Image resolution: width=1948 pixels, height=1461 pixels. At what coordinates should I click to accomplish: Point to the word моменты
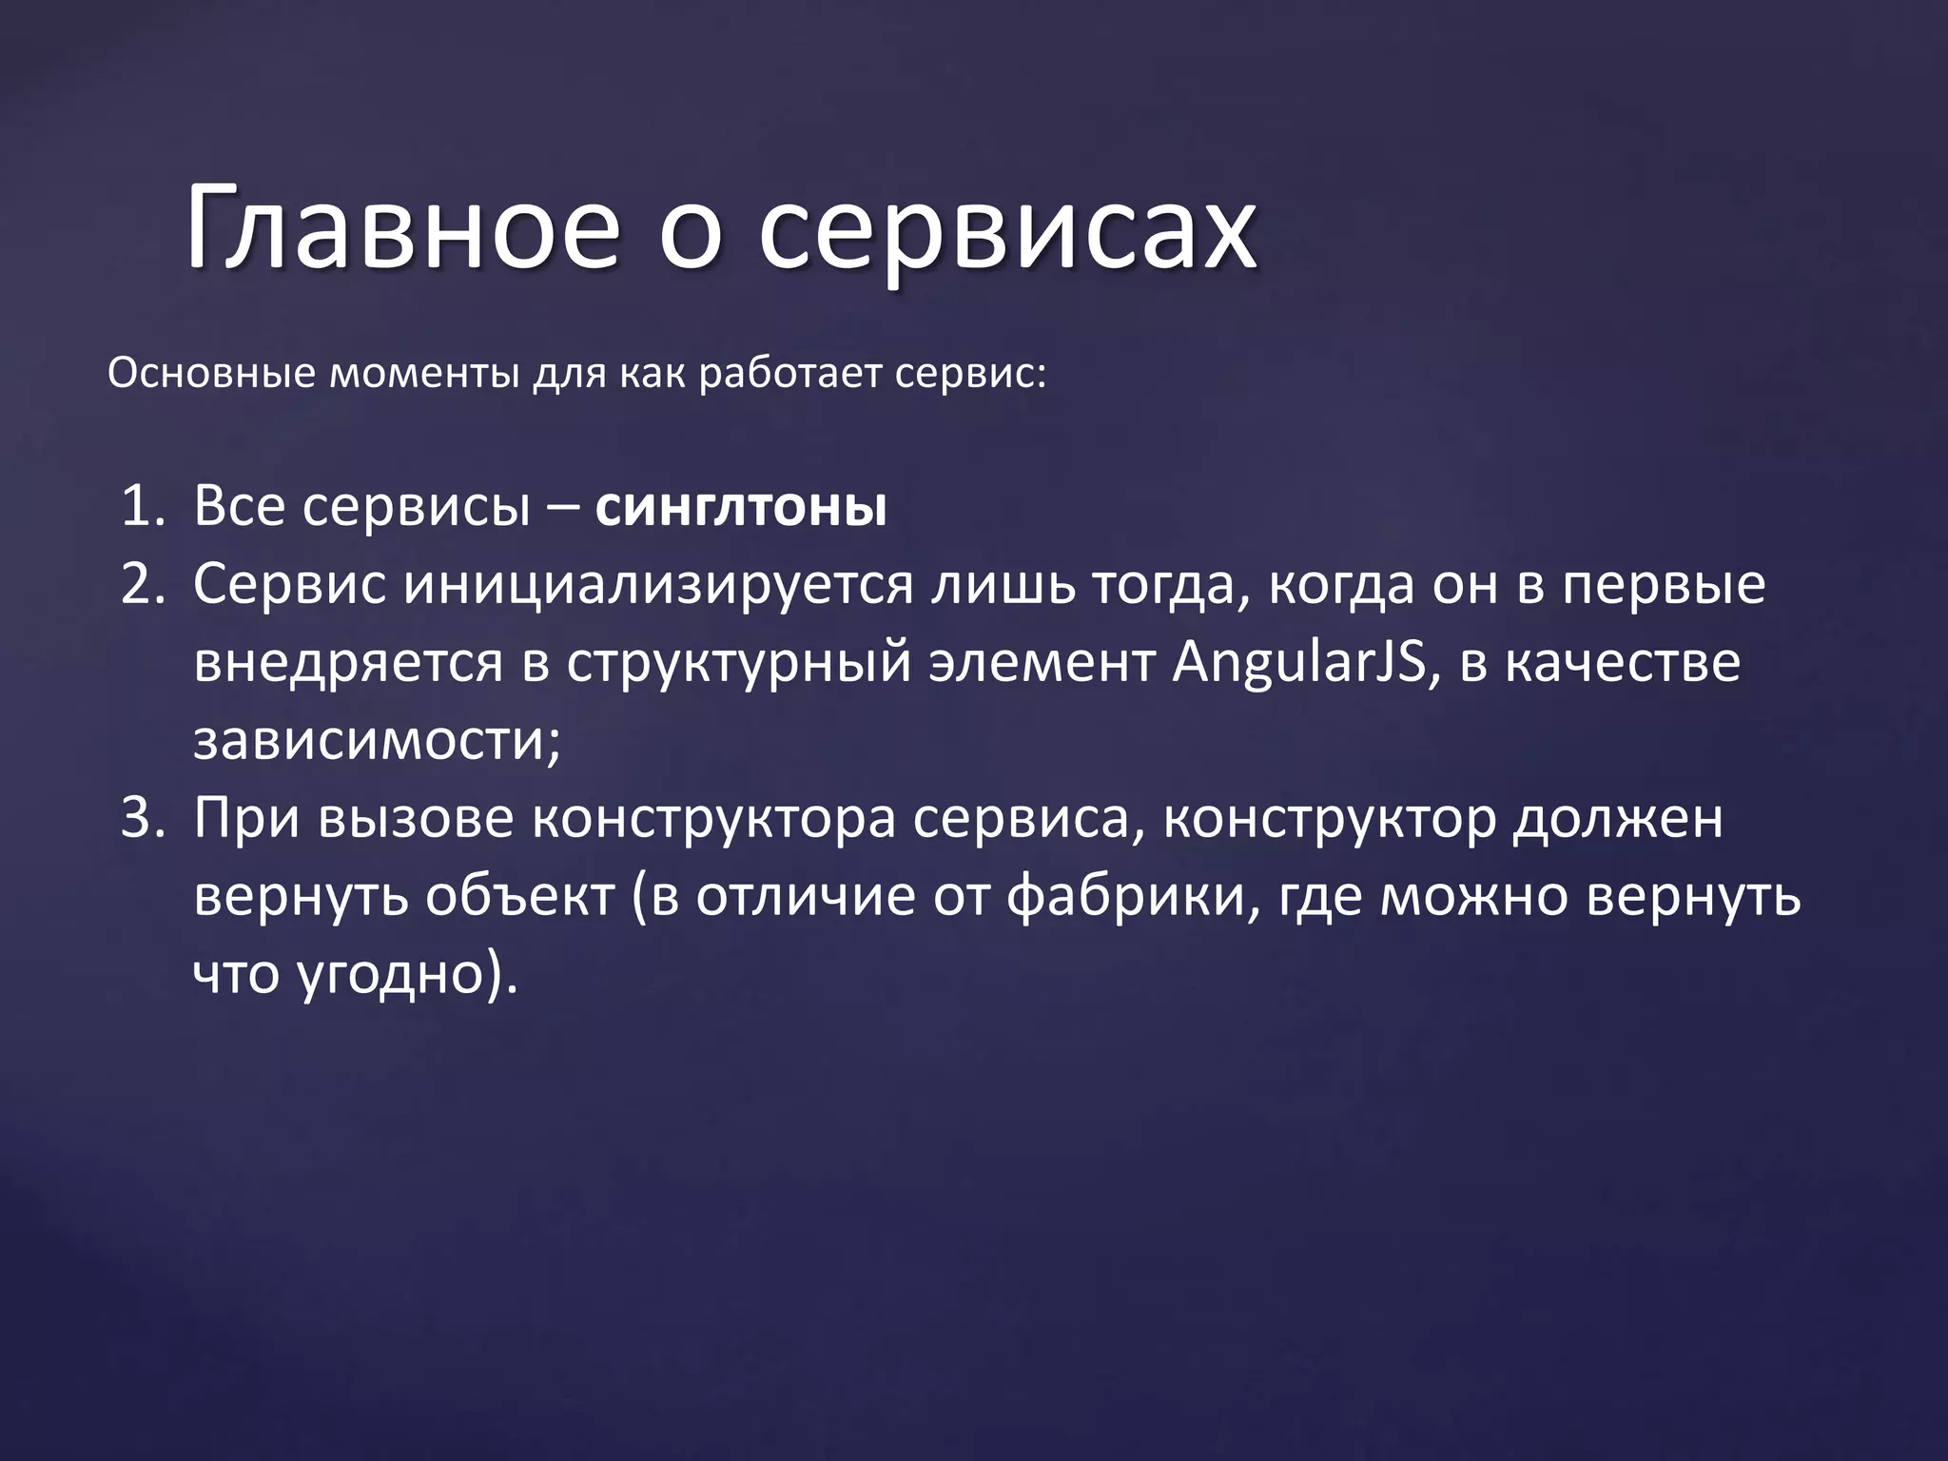[424, 373]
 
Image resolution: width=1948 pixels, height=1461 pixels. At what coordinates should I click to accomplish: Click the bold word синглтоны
[740, 508]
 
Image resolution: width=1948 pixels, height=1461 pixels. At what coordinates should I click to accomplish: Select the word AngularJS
[1299, 664]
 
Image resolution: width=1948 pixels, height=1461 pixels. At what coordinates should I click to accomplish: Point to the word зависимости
[377, 740]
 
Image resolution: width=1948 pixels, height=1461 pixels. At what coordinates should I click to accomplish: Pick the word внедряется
[348, 664]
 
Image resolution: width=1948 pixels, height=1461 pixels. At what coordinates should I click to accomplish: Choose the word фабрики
[1126, 896]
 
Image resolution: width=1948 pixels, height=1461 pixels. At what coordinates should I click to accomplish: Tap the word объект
[519, 896]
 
